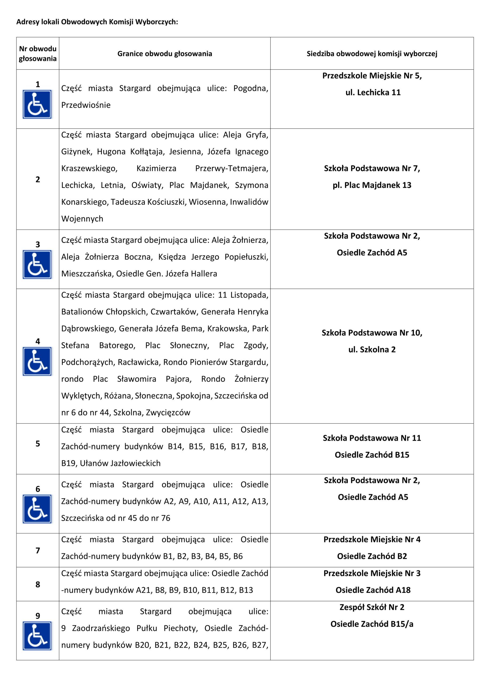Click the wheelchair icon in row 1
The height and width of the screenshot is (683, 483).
[37, 104]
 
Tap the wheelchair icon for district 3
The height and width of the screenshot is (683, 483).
[37, 264]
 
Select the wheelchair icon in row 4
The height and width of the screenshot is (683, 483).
[37, 361]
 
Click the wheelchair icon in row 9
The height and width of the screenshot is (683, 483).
[37, 636]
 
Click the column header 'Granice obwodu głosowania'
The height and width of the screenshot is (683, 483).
[165, 54]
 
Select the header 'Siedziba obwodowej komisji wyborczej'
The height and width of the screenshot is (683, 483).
[372, 54]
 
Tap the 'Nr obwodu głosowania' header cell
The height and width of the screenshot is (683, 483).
[38, 54]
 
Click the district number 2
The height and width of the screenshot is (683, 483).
[38, 179]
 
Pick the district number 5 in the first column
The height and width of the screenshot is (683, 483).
[38, 443]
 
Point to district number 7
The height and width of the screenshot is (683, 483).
[38, 551]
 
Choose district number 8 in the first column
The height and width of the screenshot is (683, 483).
[38, 584]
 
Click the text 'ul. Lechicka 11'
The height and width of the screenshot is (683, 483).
[373, 93]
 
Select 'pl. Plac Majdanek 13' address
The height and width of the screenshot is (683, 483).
[372, 185]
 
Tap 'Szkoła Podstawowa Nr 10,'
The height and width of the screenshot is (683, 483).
[372, 333]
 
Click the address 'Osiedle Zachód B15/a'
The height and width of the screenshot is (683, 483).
[372, 624]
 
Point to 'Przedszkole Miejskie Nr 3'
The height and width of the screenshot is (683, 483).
[372, 573]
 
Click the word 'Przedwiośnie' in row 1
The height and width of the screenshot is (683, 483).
[86, 105]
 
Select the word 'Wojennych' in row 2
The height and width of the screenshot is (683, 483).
[82, 219]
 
